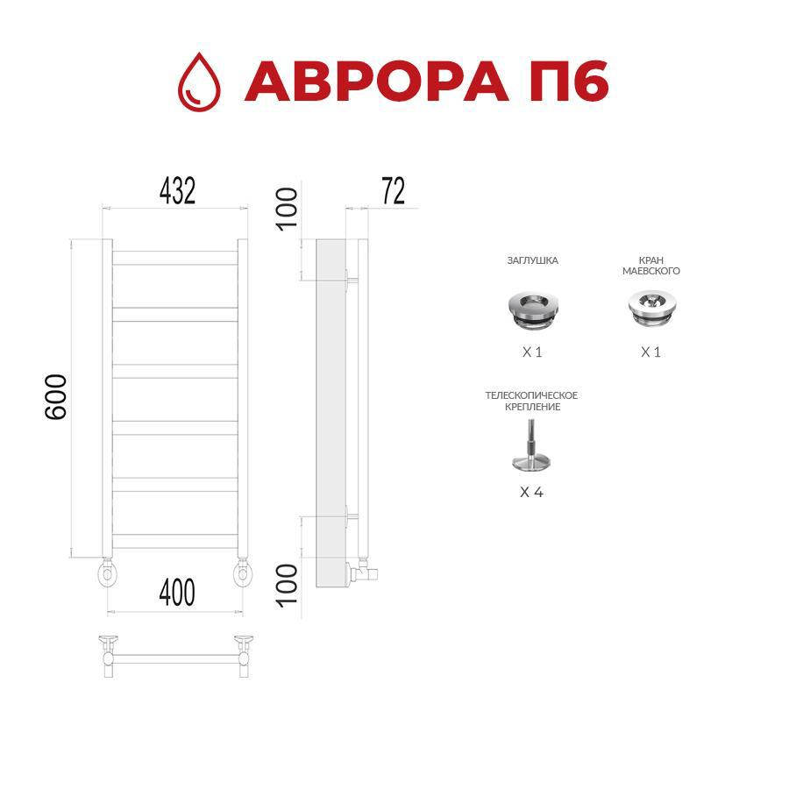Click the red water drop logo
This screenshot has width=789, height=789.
pyautogui.click(x=199, y=82)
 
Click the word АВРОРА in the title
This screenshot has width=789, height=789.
pyautogui.click(x=376, y=82)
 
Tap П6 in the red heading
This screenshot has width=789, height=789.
pyautogui.click(x=569, y=82)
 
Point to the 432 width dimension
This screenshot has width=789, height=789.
pyautogui.click(x=177, y=191)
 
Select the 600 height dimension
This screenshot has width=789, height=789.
pyautogui.click(x=56, y=397)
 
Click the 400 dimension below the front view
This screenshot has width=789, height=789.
pyautogui.click(x=177, y=593)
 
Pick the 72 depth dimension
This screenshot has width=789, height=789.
pyautogui.click(x=393, y=191)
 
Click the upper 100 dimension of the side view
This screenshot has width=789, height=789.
pyautogui.click(x=288, y=210)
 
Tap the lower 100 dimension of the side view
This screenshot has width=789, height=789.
pyautogui.click(x=288, y=586)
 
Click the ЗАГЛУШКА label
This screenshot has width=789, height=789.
pyautogui.click(x=532, y=260)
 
